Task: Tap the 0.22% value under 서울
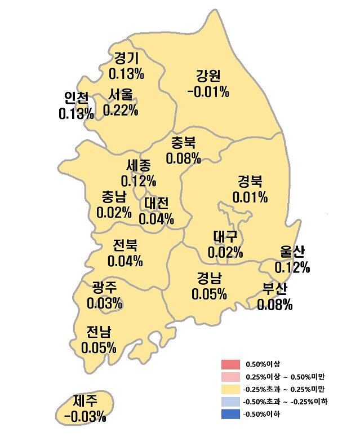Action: point(121,110)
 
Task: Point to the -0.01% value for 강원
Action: point(207,91)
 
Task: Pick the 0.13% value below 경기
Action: point(126,73)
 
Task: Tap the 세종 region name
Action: point(139,166)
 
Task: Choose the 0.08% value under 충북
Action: point(183,158)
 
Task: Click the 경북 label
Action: point(250,182)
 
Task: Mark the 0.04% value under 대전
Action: point(156,218)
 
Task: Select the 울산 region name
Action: point(292,252)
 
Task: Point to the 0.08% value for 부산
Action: point(275,305)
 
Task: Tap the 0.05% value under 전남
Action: point(99,347)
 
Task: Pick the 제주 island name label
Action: point(85,401)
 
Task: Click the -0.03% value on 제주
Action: point(85,417)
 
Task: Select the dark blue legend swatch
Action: point(231,414)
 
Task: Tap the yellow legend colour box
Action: point(231,389)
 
